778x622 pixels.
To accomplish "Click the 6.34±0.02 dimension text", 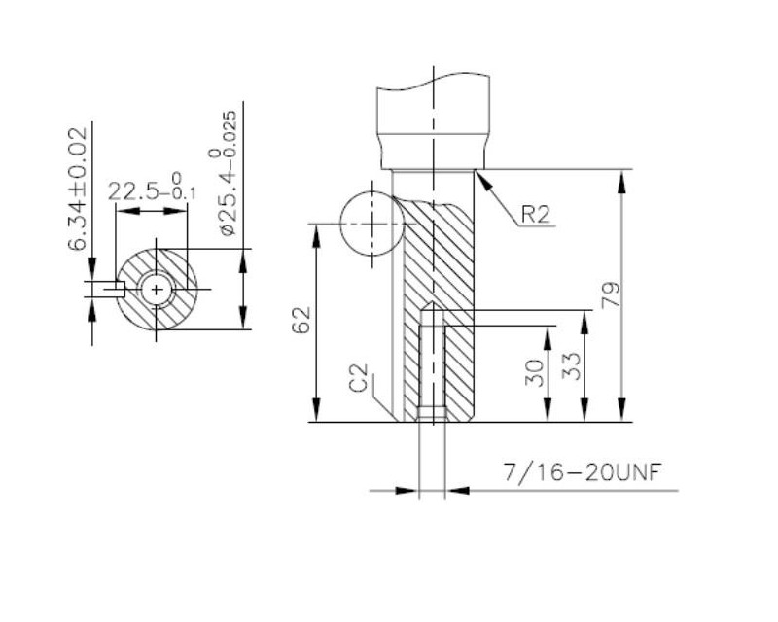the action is pos(78,189).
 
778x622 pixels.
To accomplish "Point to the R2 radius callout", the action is pos(536,214).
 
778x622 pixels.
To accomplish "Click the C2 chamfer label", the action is pos(359,378).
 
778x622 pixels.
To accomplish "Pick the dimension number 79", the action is pos(611,295).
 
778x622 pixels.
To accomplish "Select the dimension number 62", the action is pos(301,320).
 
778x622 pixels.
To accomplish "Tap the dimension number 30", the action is pos(534,373).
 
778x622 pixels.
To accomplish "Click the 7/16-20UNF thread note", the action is pos(583,472).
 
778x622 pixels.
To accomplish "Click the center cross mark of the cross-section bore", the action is pos(157,290).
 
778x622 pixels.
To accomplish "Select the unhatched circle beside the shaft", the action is pos(371,225).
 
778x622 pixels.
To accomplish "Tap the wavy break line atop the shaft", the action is pos(433,82).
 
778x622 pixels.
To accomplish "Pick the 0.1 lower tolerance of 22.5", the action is pos(184,193).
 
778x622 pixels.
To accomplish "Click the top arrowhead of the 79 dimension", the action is pos(620,182).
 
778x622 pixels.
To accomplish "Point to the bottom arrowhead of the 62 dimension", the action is pos(315,410).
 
